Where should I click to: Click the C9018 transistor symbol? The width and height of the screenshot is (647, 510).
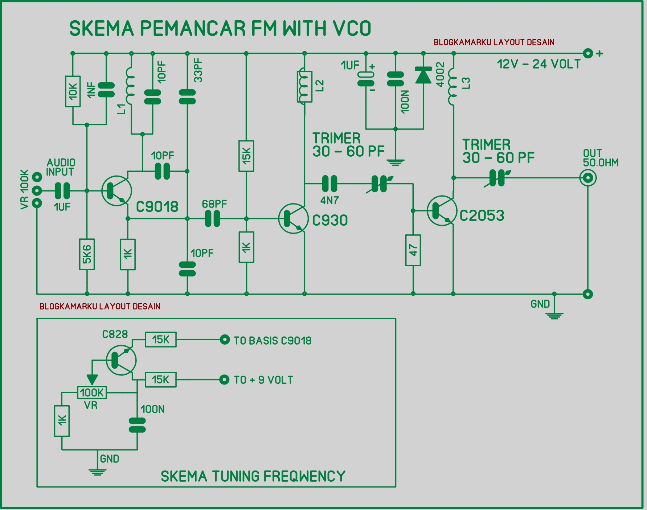tap(116, 191)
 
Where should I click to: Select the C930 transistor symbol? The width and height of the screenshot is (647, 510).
tap(293, 218)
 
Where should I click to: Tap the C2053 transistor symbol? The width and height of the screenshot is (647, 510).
tap(442, 211)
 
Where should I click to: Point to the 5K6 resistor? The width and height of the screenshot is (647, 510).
tap(87, 254)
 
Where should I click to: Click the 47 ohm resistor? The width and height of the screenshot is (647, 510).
tap(413, 250)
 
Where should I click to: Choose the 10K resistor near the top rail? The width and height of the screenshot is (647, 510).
tap(73, 91)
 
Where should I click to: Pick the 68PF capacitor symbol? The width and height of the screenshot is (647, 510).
tap(212, 219)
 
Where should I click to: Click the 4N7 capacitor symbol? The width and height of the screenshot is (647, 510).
tap(329, 184)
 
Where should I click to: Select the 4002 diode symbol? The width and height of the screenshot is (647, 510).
tap(423, 75)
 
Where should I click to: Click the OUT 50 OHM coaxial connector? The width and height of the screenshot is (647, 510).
tap(587, 178)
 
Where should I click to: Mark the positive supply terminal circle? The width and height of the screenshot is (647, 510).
tap(588, 53)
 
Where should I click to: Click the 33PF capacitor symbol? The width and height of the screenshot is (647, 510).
tap(187, 96)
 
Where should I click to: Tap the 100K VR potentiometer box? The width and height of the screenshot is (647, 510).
tap(92, 392)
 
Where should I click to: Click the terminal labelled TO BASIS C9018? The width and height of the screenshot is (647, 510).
tap(225, 340)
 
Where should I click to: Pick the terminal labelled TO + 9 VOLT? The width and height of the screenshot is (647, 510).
tap(225, 380)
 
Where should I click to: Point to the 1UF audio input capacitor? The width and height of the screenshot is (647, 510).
tap(62, 191)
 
